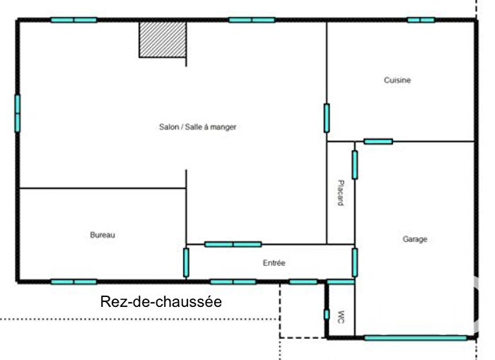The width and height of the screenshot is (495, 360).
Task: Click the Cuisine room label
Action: coord(397,81)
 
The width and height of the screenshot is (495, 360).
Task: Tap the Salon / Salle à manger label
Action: coord(197,127)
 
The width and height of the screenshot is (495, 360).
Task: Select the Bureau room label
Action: coord(102,235)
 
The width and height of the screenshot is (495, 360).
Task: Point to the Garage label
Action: coord(415,240)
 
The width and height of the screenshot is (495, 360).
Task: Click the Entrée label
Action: coord(274,263)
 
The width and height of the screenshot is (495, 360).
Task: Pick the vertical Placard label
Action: coord(340,192)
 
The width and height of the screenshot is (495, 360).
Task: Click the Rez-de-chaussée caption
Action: coord(161,302)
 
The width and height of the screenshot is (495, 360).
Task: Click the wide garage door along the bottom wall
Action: coord(416,338)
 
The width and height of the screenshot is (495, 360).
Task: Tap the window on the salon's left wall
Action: coord(18,112)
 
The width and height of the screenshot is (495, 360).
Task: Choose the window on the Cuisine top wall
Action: coord(421,20)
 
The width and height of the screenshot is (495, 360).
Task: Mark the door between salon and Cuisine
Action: coord(327,118)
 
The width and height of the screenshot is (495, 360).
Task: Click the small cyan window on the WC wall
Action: coord(326,314)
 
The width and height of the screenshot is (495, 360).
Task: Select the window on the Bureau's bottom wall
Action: coord(74,281)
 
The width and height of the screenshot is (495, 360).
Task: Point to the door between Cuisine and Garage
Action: coord(378,141)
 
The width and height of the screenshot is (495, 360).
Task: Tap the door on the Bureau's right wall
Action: coord(186,262)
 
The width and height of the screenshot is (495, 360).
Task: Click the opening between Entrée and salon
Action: coord(233,245)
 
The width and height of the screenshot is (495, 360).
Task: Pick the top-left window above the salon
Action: coord(74,20)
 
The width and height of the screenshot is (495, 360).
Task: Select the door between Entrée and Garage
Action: coord(355,262)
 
